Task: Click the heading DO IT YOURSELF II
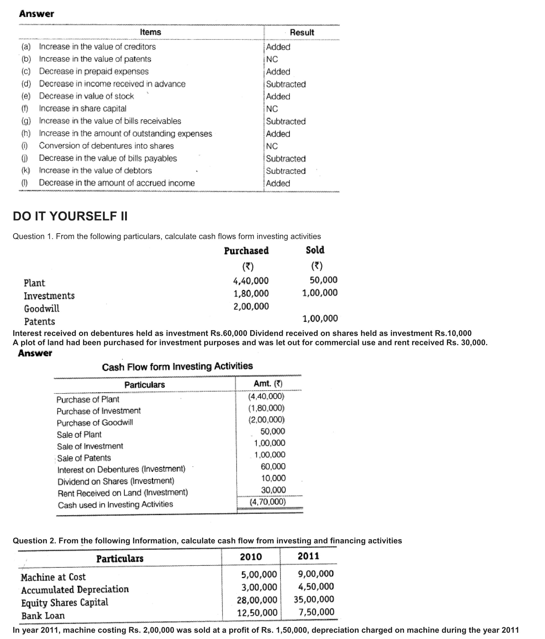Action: click(x=70, y=217)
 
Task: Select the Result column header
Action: click(x=302, y=32)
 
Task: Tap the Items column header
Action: click(x=150, y=32)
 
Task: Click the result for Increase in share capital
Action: click(x=272, y=109)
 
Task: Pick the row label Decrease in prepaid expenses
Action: click(x=94, y=71)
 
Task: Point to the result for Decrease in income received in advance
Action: click(x=286, y=84)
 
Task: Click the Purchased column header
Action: click(x=246, y=251)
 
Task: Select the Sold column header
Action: click(x=315, y=250)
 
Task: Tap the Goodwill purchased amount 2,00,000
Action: click(x=251, y=307)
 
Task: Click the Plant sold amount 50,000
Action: click(x=323, y=280)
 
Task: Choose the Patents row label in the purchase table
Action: click(x=39, y=322)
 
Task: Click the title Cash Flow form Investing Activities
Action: click(x=177, y=366)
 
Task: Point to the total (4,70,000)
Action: click(x=268, y=502)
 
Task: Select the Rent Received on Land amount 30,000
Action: click(x=273, y=490)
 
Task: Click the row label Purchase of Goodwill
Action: click(x=95, y=423)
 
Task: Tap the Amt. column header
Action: click(x=268, y=384)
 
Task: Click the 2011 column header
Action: click(x=308, y=556)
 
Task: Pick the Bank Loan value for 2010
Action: click(x=257, y=613)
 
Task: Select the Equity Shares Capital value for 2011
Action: click(x=314, y=600)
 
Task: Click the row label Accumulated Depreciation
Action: click(x=75, y=590)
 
